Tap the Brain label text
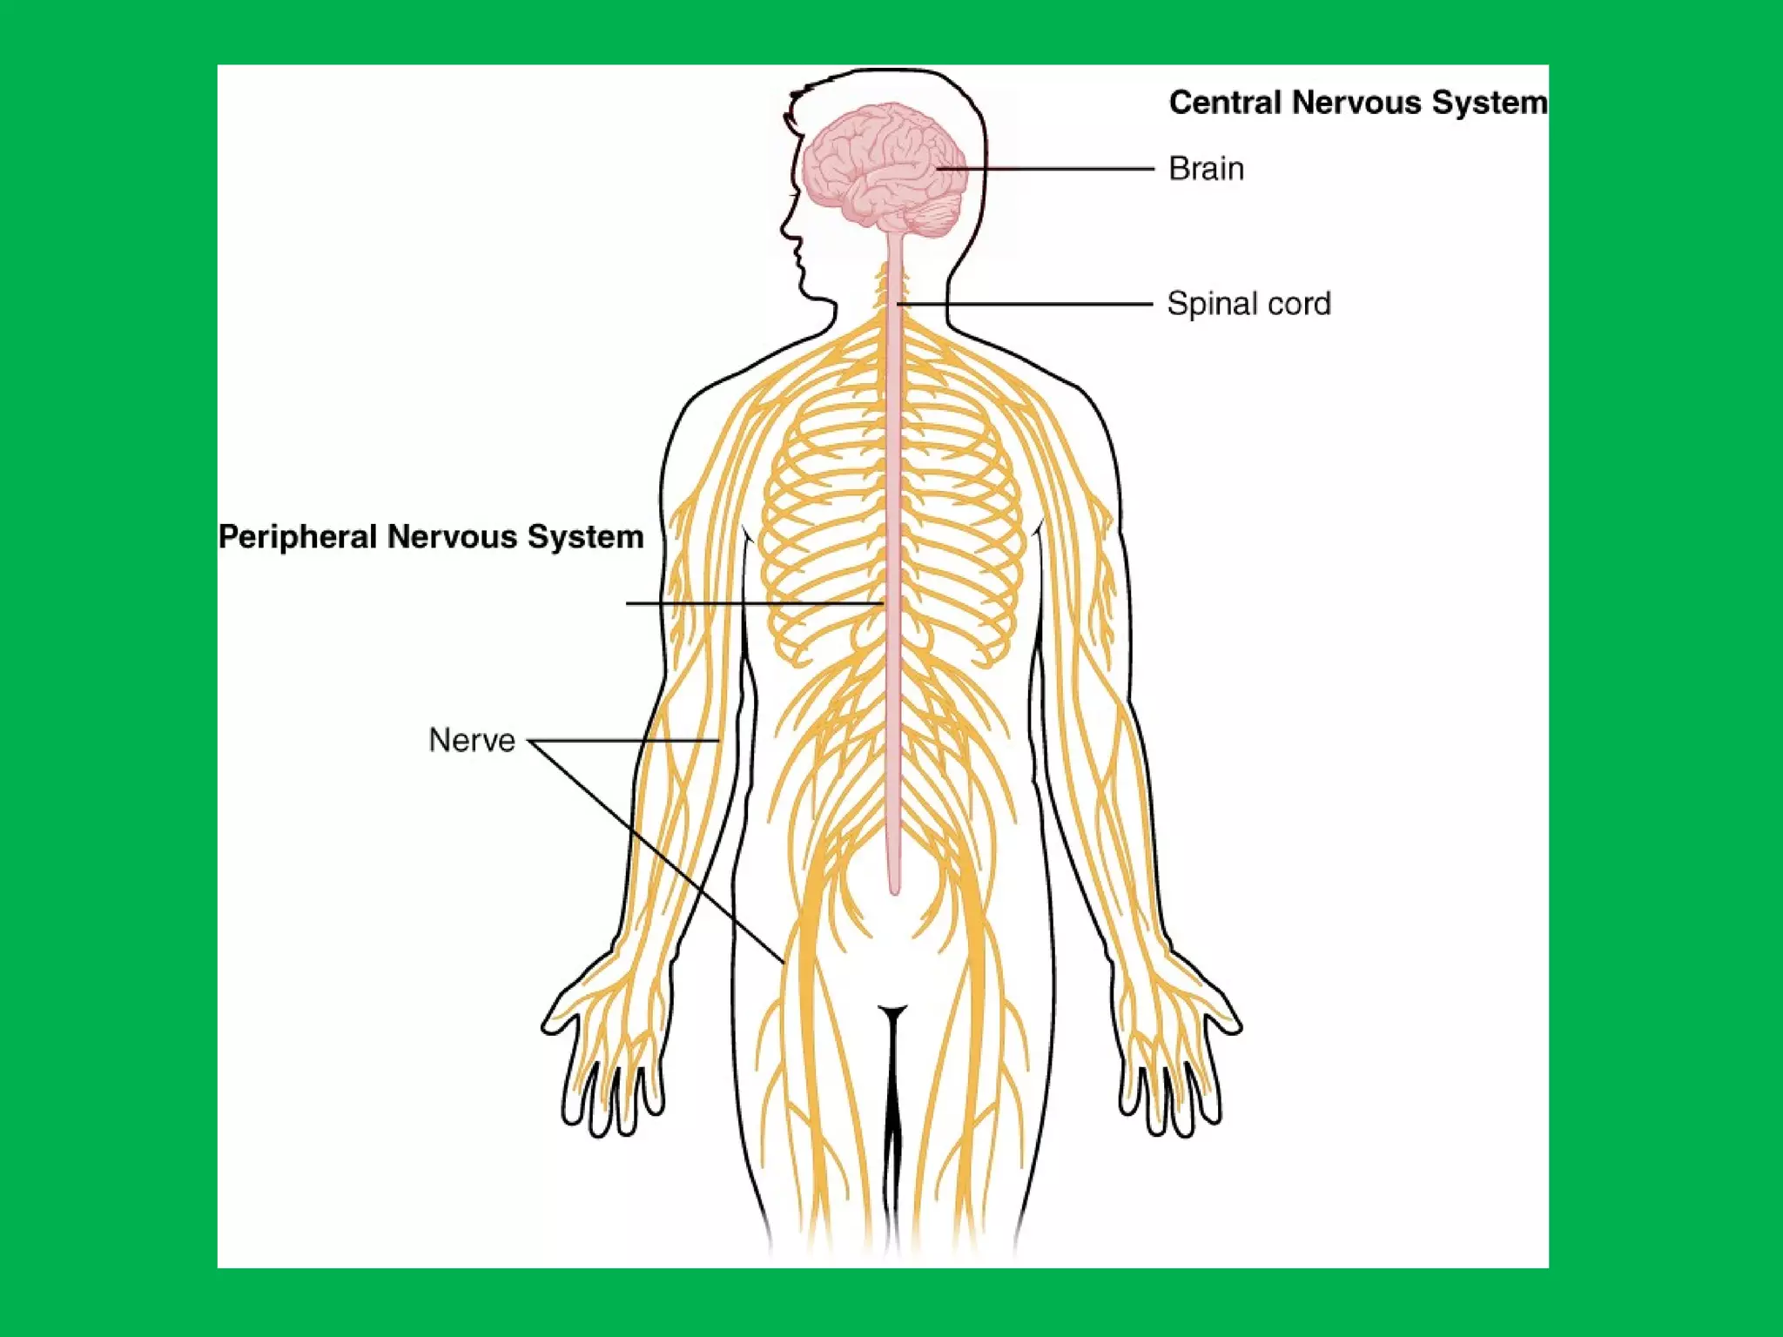[x=1206, y=169]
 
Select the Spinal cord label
[x=1248, y=304]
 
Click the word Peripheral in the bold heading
[x=297, y=537]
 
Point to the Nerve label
[x=472, y=741]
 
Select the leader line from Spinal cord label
[x=1027, y=304]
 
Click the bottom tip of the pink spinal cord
[x=894, y=889]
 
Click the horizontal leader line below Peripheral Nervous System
[x=749, y=603]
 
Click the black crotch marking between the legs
[x=892, y=1079]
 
